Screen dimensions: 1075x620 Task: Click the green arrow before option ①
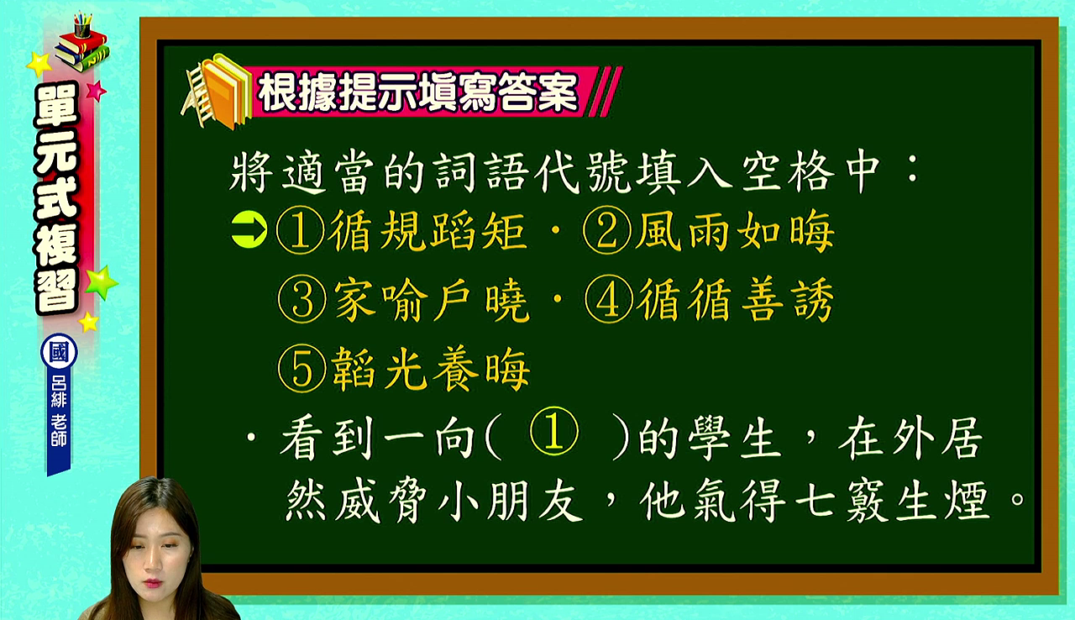[x=249, y=231]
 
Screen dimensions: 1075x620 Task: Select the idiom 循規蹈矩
[x=428, y=232]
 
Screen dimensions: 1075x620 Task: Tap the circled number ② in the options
[x=606, y=231]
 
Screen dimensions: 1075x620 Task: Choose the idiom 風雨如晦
[x=735, y=232]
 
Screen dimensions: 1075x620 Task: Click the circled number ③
[x=302, y=300]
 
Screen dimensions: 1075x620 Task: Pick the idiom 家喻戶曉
[x=432, y=301]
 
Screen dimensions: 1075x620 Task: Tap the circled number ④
[x=609, y=300]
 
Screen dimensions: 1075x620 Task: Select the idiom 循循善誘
[x=737, y=301]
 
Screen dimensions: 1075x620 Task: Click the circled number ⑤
[x=302, y=369]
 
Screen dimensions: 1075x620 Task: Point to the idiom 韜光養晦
[x=431, y=370]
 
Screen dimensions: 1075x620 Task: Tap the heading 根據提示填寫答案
[x=417, y=92]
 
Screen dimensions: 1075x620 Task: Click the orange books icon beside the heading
[x=218, y=92]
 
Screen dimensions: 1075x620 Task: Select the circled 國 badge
[x=59, y=351]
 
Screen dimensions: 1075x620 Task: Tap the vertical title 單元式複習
[x=57, y=198]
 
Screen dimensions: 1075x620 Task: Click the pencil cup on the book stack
[x=82, y=26]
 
